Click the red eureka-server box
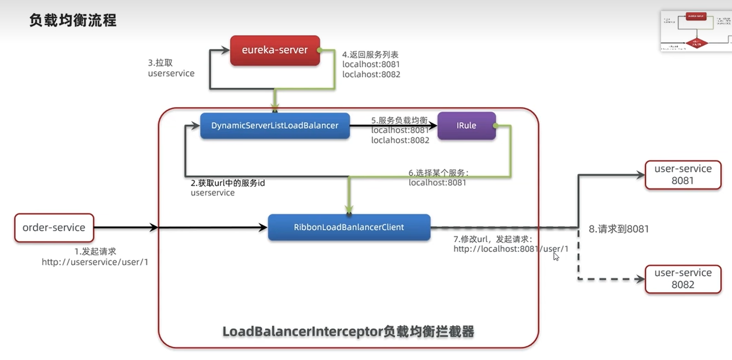(x=275, y=50)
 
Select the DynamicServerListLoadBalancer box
(x=275, y=126)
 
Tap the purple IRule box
(x=466, y=126)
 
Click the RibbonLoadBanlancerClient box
(x=349, y=227)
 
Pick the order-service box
(x=54, y=227)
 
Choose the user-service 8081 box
(x=683, y=174)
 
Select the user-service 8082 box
(x=683, y=279)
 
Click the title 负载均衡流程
(x=73, y=20)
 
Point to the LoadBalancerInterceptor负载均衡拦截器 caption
(x=348, y=331)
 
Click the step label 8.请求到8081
(x=619, y=229)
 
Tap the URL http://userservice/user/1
(x=95, y=262)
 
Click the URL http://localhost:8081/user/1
(x=510, y=249)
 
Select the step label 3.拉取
(x=160, y=63)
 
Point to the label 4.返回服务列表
(x=370, y=54)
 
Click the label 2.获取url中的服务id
(x=228, y=183)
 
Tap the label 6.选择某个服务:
(x=438, y=173)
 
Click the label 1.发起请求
(x=95, y=251)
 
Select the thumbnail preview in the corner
(x=696, y=31)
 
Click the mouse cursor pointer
(x=556, y=256)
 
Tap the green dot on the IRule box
(x=495, y=126)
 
